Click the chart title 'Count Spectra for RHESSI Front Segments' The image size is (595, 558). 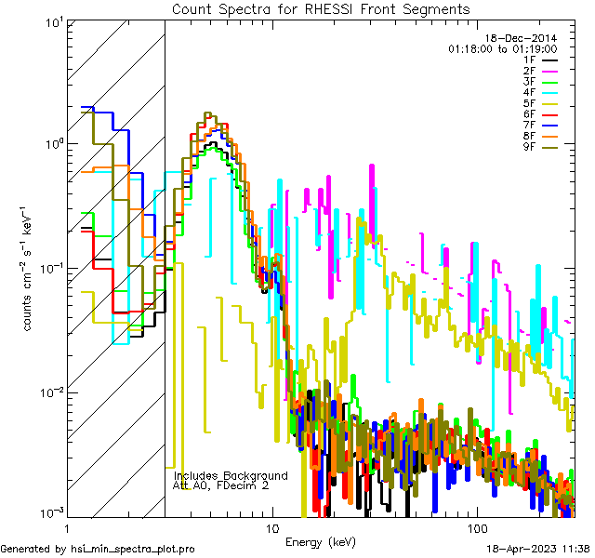(320, 8)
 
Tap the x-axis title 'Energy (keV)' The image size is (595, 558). (320, 541)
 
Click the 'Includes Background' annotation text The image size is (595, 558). (231, 475)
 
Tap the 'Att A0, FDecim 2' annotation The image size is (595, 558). (222, 485)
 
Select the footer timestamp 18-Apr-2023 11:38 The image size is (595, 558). (536, 549)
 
